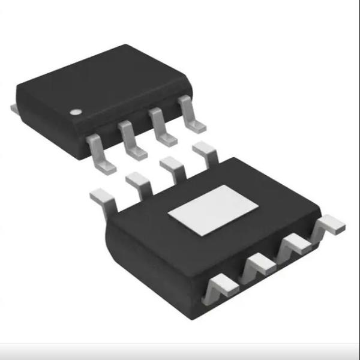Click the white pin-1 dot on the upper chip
point(75,112)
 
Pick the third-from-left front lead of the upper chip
point(163,128)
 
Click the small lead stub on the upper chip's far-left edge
point(14,108)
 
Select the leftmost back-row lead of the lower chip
point(103,198)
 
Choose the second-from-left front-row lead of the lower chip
point(258,264)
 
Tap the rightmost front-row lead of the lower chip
point(330,226)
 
